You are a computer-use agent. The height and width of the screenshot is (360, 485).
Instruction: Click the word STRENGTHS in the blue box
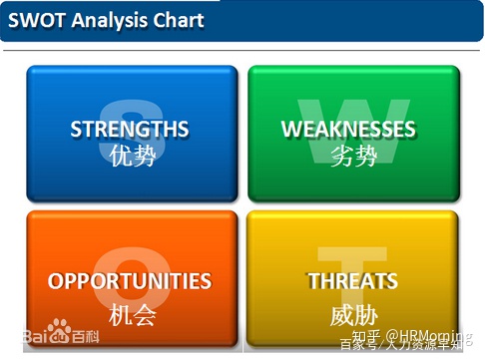130,129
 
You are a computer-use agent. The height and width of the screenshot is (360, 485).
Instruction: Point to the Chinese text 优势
132,157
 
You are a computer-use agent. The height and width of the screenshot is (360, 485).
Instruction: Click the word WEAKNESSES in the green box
348,129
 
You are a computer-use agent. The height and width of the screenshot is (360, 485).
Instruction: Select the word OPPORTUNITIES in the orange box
130,281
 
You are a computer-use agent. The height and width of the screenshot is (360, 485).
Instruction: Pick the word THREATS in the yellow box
353,281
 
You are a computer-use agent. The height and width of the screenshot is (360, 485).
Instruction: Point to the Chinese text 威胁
354,314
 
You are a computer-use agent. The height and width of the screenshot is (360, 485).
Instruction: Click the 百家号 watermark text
361,347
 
